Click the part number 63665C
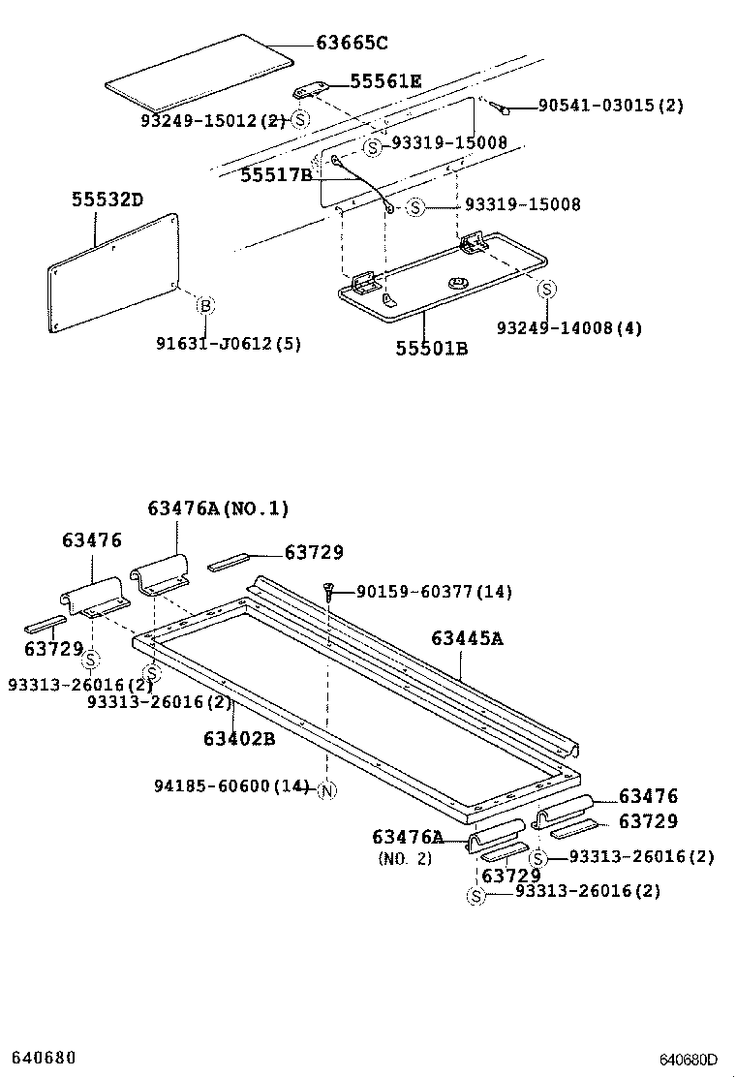[x=352, y=43]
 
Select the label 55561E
[x=385, y=81]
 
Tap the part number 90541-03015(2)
[x=611, y=106]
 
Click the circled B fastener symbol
[x=205, y=305]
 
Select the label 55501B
[x=431, y=348]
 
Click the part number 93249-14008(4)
[x=569, y=328]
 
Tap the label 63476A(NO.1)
[x=218, y=508]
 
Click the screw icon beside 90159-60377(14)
[x=330, y=590]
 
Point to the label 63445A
[x=468, y=638]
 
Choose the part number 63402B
[x=239, y=738]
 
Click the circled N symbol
[x=326, y=789]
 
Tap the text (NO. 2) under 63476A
[x=405, y=858]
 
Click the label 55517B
[x=276, y=174]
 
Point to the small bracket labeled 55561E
[x=311, y=90]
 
